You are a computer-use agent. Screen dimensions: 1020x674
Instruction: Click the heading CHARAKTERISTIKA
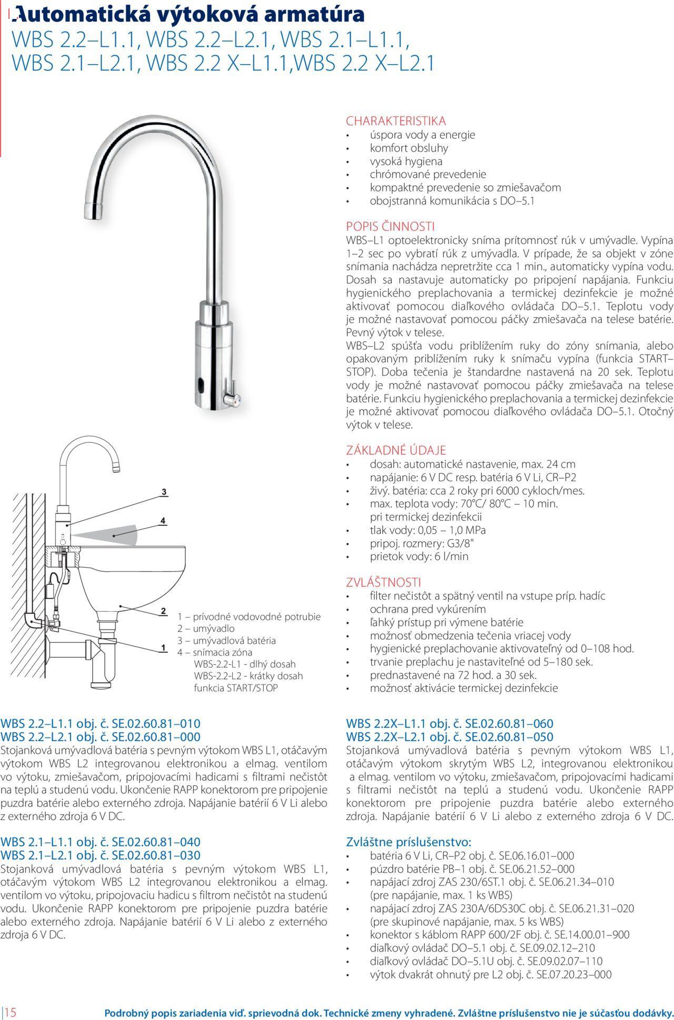395,121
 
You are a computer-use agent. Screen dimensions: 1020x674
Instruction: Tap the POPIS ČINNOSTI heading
390,227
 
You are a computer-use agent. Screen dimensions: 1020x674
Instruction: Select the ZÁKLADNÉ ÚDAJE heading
396,450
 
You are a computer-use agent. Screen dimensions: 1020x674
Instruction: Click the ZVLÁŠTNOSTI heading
383,582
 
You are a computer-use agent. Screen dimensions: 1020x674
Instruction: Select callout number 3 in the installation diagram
164,492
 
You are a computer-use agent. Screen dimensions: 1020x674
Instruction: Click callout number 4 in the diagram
163,521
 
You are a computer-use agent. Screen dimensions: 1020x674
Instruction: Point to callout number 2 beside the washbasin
163,611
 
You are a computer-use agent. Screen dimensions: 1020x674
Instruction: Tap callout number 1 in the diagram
163,648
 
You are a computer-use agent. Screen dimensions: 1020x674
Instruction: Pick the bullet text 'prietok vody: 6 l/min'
419,556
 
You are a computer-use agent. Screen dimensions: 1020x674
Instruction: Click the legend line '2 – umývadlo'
206,629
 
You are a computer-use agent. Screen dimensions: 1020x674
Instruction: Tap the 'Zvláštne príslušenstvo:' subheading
408,841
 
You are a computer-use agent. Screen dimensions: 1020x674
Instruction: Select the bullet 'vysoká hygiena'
406,161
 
